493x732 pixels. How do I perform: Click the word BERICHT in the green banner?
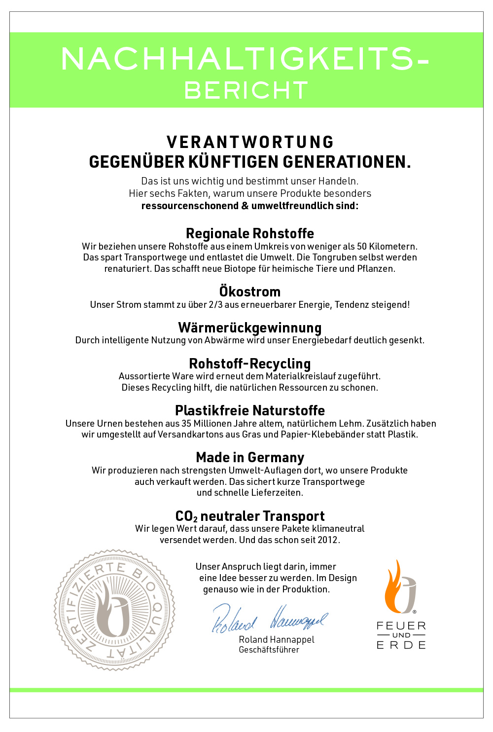pos(246,90)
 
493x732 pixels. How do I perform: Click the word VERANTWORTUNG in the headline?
pos(250,142)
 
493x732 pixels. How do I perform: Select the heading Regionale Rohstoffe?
pos(250,233)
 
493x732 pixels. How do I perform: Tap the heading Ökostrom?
pos(250,292)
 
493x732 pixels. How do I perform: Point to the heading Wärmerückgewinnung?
pos(250,328)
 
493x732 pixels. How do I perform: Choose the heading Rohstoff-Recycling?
pos(250,364)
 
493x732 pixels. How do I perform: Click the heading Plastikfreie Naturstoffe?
pos(250,410)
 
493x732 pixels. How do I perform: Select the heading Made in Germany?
pos(250,457)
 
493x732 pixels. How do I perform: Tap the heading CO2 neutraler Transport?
pos(250,516)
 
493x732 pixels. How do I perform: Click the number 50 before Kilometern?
pos(362,246)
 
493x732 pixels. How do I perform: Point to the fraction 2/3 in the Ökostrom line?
pos(215,305)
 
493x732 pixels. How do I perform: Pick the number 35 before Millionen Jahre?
pos(186,423)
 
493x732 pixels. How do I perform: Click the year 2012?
pos(328,540)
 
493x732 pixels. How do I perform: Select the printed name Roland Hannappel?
pos(277,639)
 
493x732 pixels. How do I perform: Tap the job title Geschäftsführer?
pos(269,650)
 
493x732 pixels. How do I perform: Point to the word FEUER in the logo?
pos(401,625)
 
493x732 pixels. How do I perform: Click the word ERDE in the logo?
pos(401,645)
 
